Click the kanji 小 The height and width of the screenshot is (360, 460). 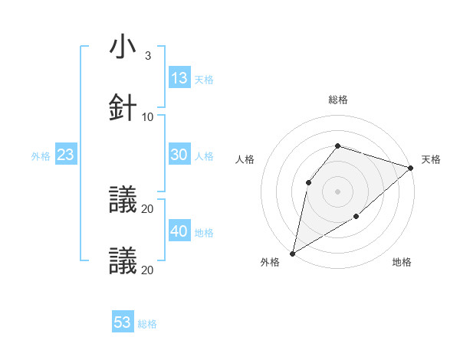point(123,47)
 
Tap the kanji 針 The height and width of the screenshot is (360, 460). point(123,107)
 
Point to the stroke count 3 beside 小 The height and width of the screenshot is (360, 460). point(147,56)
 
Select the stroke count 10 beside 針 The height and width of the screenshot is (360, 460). point(148,116)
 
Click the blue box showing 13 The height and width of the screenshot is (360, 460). point(179,77)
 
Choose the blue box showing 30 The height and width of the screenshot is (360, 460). point(179,155)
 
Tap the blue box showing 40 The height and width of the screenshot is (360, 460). point(179,231)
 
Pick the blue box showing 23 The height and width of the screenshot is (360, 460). point(66,155)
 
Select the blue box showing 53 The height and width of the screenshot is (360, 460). point(123,322)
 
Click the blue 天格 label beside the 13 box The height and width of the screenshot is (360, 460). point(204,79)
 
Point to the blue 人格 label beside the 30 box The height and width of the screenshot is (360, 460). point(204,156)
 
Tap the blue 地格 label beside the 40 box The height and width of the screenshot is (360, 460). point(204,233)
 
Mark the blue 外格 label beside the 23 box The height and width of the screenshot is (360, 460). point(41,156)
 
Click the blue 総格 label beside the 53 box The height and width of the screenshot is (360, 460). point(147,324)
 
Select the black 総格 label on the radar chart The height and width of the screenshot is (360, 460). point(337,100)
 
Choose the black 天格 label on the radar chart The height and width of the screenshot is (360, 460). point(431,159)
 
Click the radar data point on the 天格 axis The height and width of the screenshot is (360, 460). point(411,168)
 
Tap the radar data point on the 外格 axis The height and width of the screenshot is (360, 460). point(292,253)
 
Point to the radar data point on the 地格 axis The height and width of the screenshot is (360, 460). point(356,217)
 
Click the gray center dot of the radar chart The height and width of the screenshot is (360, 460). point(337,191)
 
